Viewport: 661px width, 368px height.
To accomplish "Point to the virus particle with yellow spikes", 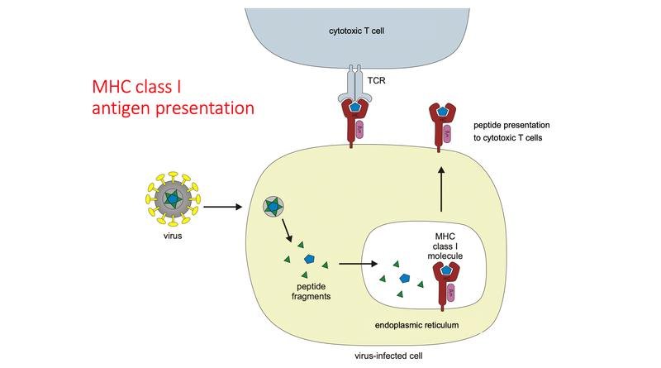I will coord(172,200).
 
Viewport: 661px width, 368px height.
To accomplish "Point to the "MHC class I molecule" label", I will coord(450,246).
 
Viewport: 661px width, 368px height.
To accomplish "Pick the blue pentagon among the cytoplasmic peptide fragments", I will coord(310,259).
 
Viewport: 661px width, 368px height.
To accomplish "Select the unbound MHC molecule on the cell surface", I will coord(439,124).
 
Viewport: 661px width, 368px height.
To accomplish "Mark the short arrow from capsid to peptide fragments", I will coord(287,232).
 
